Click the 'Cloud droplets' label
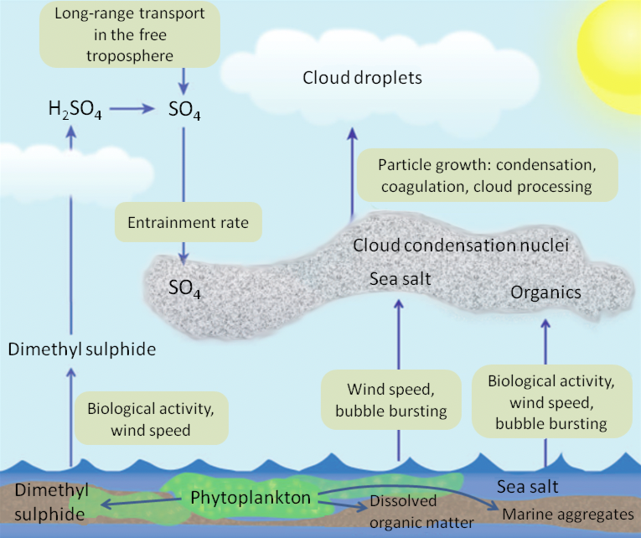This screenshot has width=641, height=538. (x=361, y=78)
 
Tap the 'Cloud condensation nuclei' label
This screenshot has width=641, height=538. (x=461, y=246)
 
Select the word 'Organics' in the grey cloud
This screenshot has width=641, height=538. (x=545, y=292)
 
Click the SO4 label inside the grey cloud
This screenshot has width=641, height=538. (x=185, y=289)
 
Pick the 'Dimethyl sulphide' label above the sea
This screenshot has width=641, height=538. (x=80, y=349)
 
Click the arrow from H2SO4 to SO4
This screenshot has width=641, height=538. (x=135, y=108)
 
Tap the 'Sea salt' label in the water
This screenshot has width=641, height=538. (x=528, y=486)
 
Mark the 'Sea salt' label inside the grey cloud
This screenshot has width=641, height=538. (x=401, y=278)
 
